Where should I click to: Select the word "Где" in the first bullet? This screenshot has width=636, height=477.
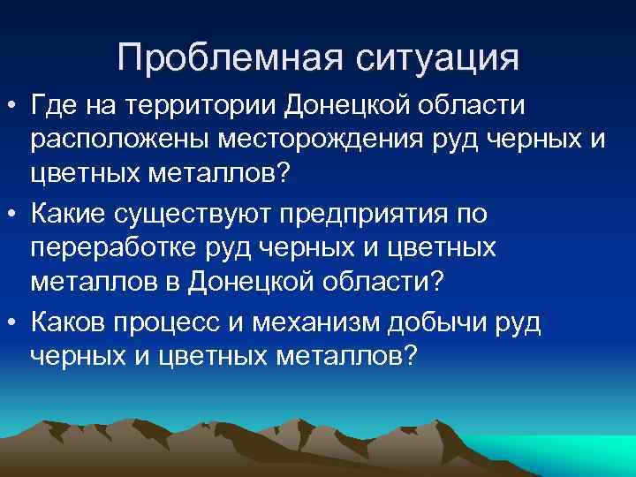[51, 107]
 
